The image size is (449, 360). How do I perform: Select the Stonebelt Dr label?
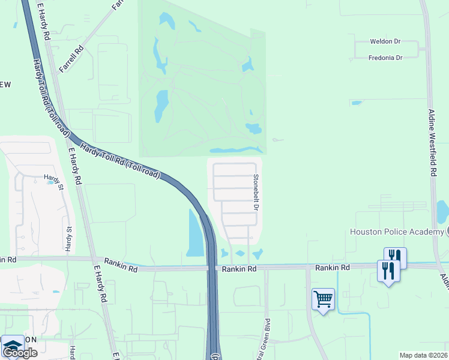[x=255, y=192]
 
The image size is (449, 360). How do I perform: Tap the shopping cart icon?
[x=323, y=298]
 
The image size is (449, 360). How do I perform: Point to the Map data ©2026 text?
[x=423, y=355]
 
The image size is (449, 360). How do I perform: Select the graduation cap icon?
[x=13, y=346]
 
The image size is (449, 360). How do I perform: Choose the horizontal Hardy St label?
[x=53, y=178]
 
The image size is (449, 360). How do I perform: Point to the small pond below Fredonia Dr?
[x=357, y=103]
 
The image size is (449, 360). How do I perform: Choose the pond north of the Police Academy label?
[x=443, y=211]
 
